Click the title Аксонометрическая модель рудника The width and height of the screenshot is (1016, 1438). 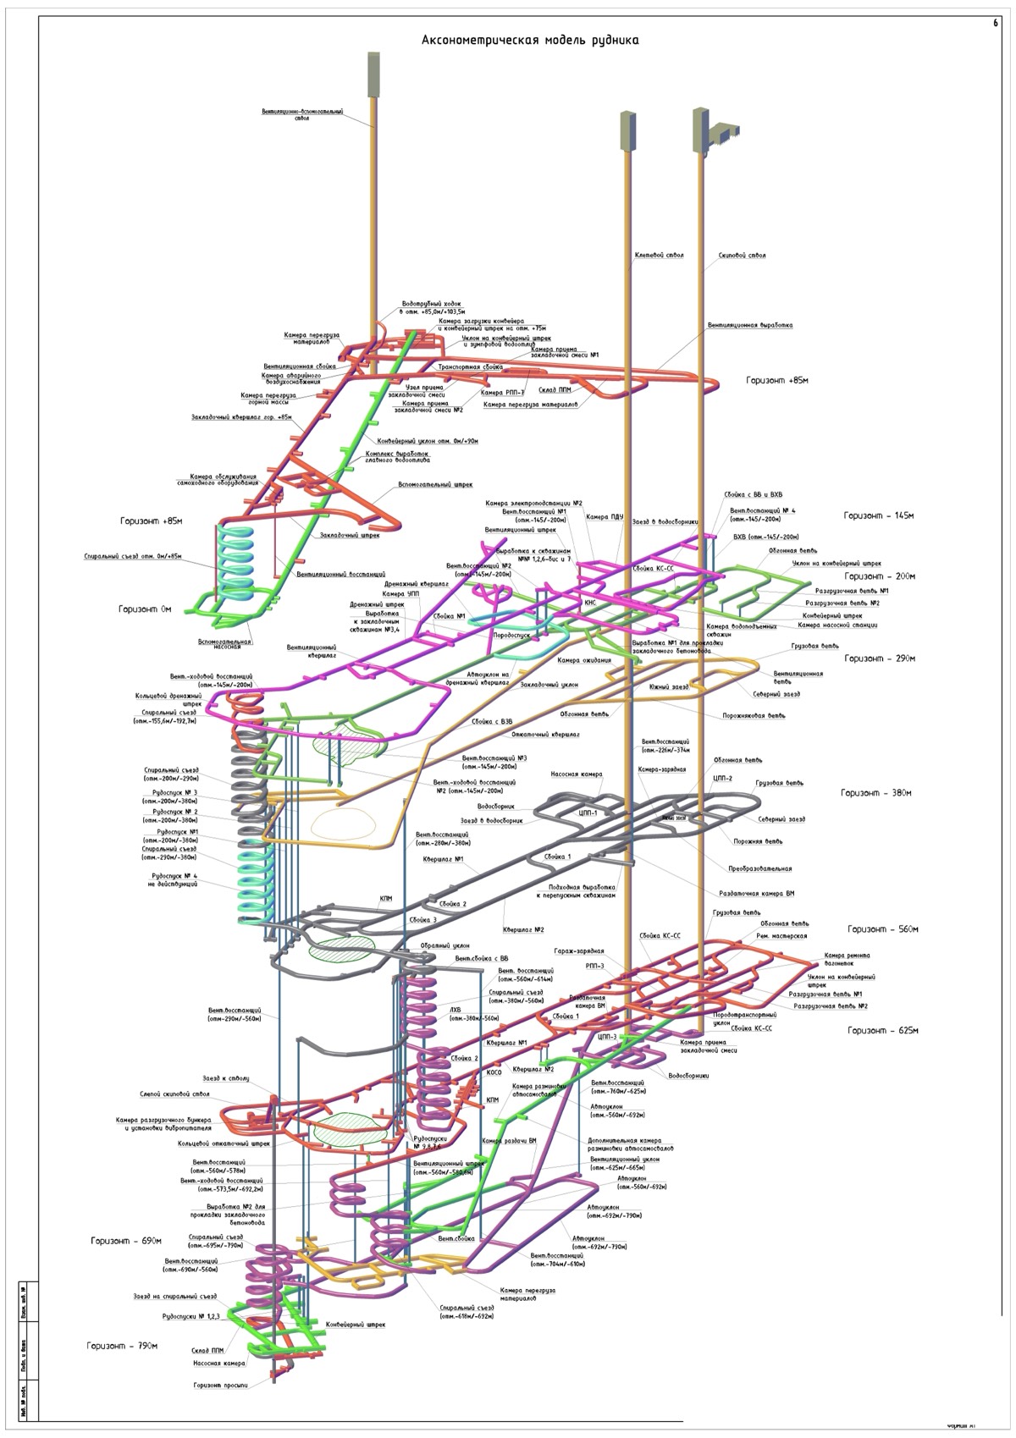[x=530, y=40]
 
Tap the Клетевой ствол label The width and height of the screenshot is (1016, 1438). [x=659, y=255]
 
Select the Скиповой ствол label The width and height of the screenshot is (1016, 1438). [x=742, y=255]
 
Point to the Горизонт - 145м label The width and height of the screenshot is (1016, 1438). [x=879, y=515]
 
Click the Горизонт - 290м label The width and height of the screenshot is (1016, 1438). [x=880, y=658]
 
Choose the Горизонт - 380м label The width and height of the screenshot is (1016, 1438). [x=875, y=793]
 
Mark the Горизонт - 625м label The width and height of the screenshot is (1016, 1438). [x=883, y=1031]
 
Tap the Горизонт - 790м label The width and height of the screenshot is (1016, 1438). [x=122, y=1346]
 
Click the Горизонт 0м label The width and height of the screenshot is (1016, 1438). [x=145, y=609]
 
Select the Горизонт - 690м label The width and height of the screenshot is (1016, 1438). [x=126, y=1241]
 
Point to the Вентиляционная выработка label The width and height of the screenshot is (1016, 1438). [x=750, y=325]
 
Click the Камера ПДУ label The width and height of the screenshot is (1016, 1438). [x=605, y=517]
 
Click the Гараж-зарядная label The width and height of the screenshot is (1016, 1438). [x=578, y=951]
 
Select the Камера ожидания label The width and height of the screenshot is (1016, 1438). [x=584, y=660]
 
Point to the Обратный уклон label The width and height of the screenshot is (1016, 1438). [x=444, y=945]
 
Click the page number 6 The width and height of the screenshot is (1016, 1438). [x=996, y=24]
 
